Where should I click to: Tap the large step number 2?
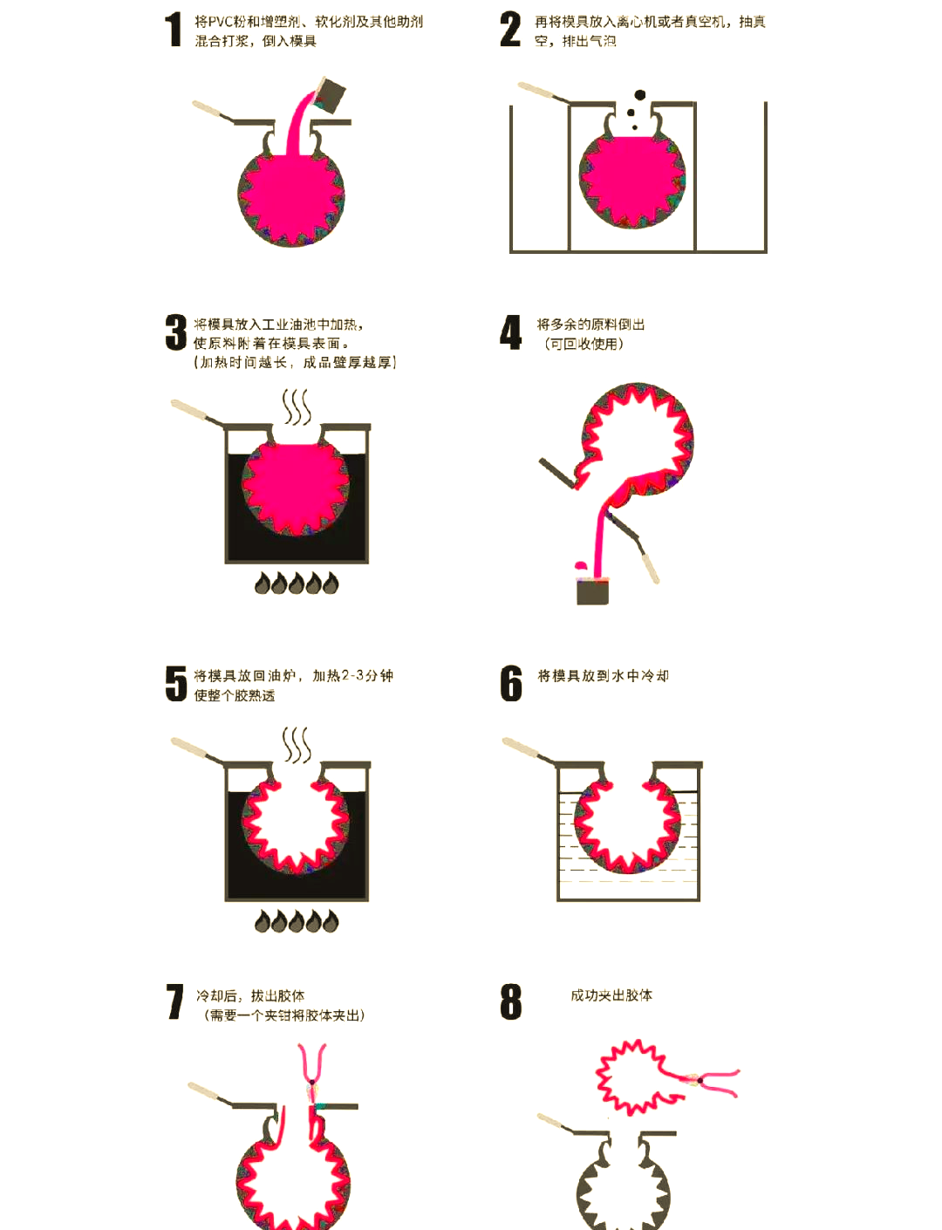[509, 30]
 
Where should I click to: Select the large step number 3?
[176, 332]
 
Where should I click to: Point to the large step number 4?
[511, 332]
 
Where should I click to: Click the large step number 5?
[176, 683]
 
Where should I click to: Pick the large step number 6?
[511, 683]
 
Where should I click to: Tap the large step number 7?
[174, 1001]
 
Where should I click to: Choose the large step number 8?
[511, 1001]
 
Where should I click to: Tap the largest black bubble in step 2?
[640, 94]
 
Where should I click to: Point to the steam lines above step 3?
[297, 407]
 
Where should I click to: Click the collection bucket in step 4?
[591, 591]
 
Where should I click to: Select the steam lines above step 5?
[297, 745]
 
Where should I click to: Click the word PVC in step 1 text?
[218, 22]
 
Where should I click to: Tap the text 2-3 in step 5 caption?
[353, 675]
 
